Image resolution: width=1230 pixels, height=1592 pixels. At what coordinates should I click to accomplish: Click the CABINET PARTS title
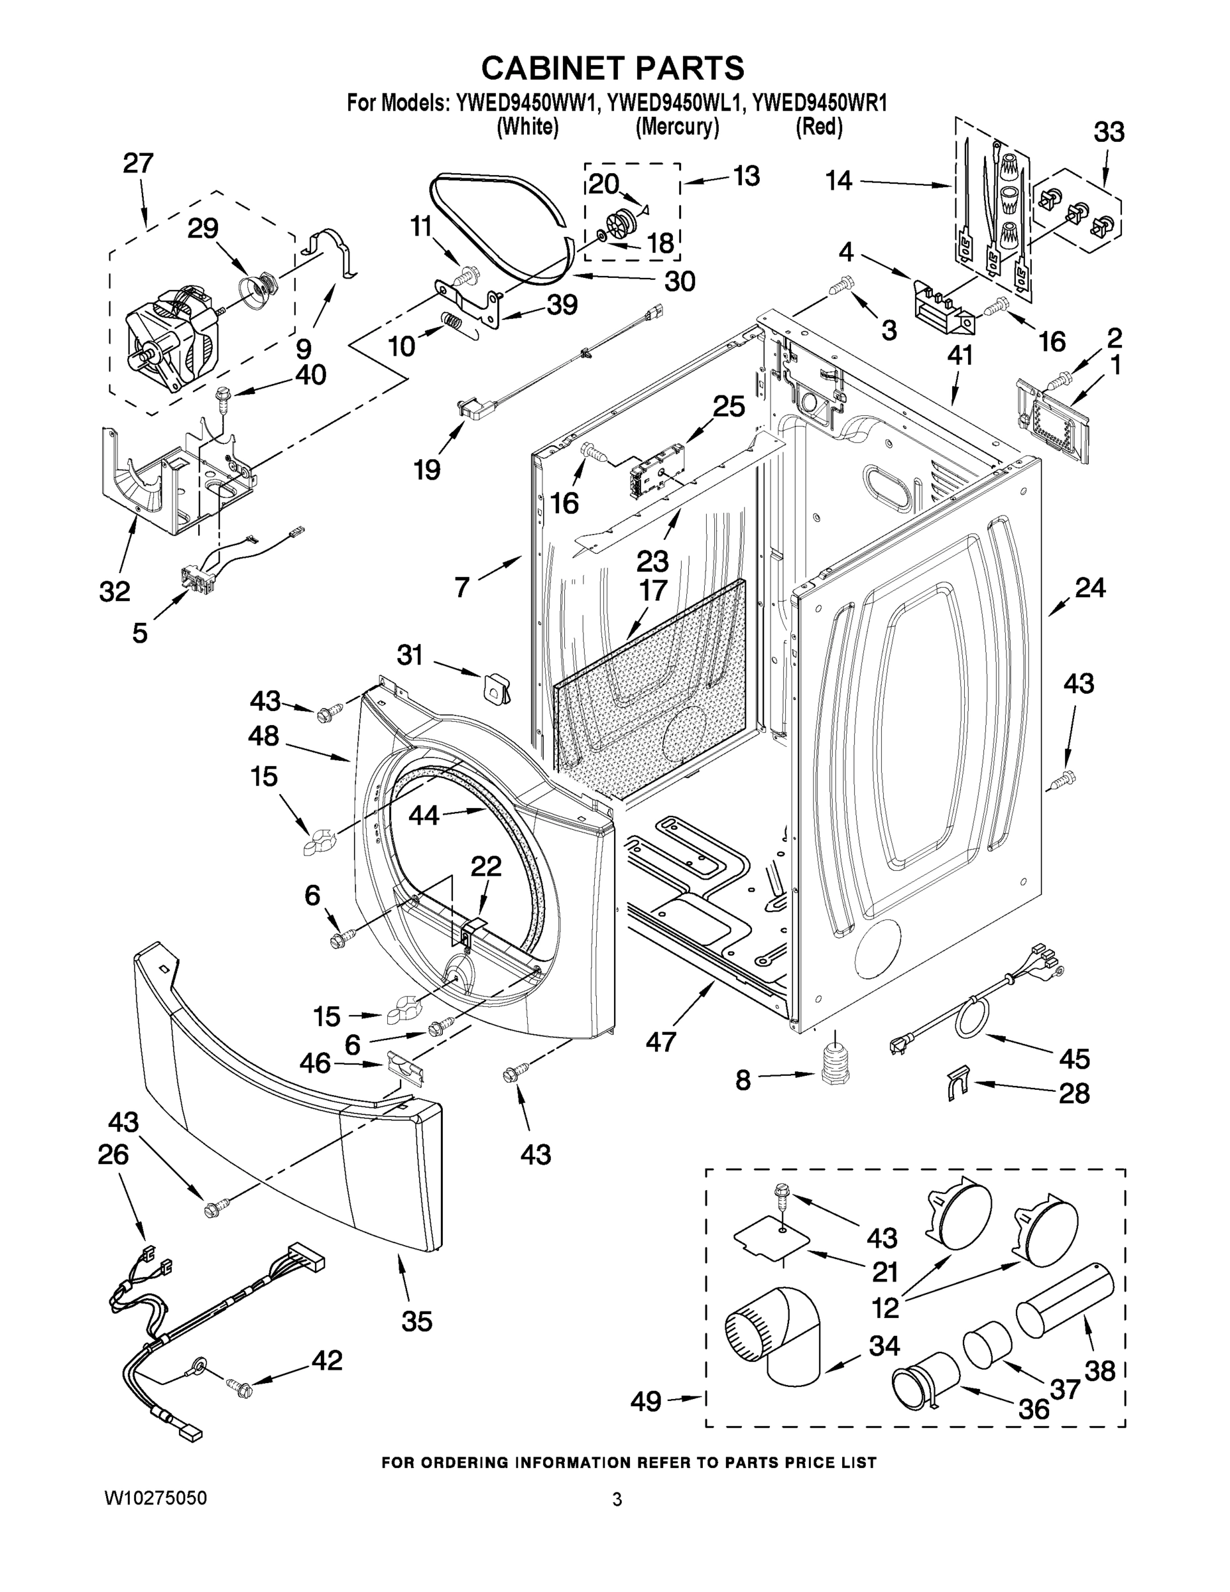tap(613, 68)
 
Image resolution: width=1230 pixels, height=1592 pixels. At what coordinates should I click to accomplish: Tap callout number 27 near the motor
tap(138, 163)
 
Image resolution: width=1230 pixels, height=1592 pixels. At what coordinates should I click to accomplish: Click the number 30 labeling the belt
tap(679, 281)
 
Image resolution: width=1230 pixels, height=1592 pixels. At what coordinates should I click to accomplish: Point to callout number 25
tap(729, 406)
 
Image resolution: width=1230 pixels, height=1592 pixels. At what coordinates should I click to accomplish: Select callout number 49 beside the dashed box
tap(646, 1401)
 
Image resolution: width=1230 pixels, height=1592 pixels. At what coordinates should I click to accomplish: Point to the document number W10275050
tap(156, 1498)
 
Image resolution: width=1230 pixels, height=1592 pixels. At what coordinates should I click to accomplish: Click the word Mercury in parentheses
tap(677, 127)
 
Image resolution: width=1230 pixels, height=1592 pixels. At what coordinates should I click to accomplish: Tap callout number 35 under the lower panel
tap(417, 1321)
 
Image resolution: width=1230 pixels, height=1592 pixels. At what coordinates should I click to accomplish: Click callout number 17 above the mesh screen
tap(653, 590)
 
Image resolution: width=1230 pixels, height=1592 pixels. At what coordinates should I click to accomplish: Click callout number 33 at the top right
tap(1108, 133)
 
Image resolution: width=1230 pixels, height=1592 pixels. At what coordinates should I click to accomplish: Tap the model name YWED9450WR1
tap(819, 103)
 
